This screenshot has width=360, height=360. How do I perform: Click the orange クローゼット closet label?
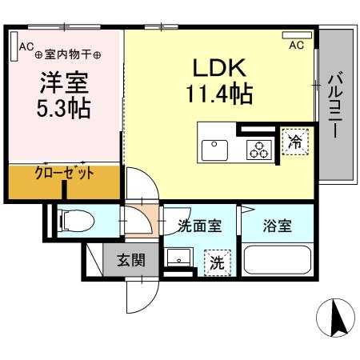click(x=65, y=174)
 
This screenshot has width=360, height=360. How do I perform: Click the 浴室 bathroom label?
click(x=278, y=226)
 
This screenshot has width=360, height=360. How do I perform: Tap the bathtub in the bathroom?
click(x=276, y=262)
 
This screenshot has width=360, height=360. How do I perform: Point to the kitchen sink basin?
click(x=214, y=150)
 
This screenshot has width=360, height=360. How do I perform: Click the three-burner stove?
click(x=258, y=149)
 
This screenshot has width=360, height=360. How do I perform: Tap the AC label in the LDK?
click(x=297, y=46)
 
